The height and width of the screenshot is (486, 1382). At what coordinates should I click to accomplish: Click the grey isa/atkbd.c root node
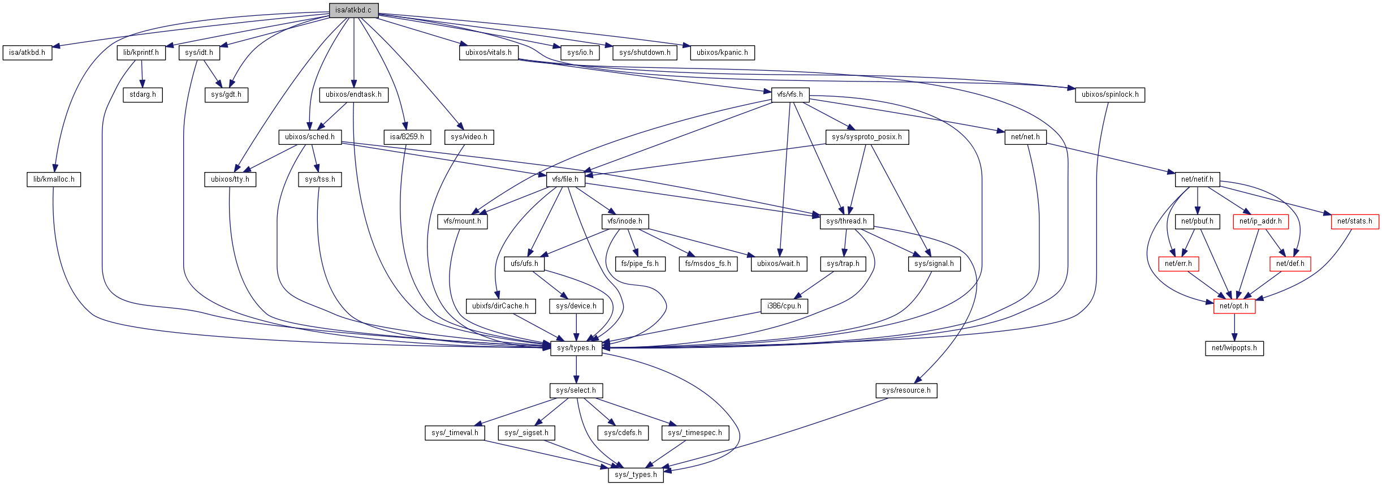click(x=353, y=10)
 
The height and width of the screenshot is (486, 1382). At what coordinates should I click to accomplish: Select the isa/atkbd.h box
click(x=27, y=53)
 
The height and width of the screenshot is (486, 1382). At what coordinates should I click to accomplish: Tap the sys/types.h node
click(x=576, y=348)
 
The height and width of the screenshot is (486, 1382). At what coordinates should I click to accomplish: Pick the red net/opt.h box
click(x=1234, y=306)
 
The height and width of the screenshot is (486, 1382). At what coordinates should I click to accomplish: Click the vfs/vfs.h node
click(x=789, y=94)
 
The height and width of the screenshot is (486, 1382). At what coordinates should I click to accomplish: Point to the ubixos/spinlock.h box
click(x=1109, y=94)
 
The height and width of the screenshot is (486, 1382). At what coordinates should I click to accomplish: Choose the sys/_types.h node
click(x=636, y=475)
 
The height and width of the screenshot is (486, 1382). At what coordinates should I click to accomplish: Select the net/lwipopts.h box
click(x=1234, y=348)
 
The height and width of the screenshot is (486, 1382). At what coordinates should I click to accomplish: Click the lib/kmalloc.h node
click(x=54, y=179)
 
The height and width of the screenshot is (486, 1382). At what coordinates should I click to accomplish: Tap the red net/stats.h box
click(x=1354, y=221)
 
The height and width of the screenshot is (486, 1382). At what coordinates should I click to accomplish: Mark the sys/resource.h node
click(x=906, y=390)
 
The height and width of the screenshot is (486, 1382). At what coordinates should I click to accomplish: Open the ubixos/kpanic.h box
click(x=722, y=53)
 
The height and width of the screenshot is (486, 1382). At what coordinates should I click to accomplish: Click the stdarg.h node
click(x=142, y=94)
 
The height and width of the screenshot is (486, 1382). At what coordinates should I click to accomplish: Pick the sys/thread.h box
click(x=846, y=221)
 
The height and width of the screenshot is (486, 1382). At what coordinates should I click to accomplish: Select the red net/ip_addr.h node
click(x=1260, y=221)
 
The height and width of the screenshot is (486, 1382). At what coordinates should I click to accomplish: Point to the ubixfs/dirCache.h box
click(x=500, y=306)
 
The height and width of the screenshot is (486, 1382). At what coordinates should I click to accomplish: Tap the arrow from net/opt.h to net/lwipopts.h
click(x=1234, y=328)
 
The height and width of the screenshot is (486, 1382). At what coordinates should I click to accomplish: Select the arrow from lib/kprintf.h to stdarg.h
click(x=142, y=74)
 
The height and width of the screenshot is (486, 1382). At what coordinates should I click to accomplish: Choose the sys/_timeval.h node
click(x=454, y=433)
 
